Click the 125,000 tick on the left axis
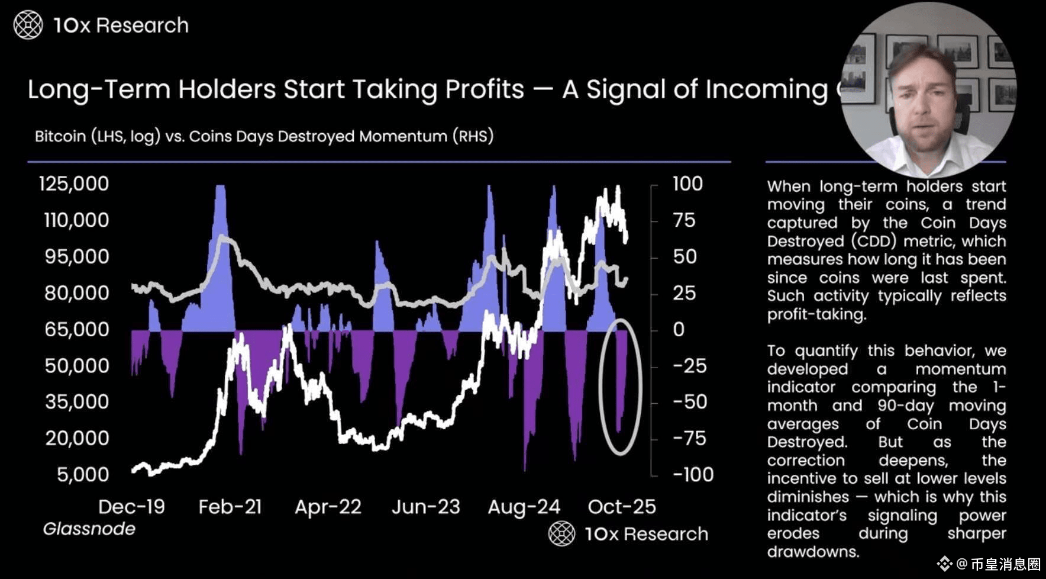coord(74,184)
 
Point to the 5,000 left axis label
coord(83,474)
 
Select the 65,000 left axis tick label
coord(77,329)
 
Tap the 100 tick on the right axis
coord(687,184)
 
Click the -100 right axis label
coord(693,474)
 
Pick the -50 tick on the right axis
coord(690,401)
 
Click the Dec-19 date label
coord(131,507)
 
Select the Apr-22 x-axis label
coord(328,507)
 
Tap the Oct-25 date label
coord(622,507)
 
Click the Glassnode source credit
coord(89,529)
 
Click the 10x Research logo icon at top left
coord(28,25)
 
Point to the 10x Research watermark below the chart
coord(628,534)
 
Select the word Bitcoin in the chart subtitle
coord(60,136)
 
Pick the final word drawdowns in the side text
coord(812,552)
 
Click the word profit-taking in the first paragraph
coord(816,314)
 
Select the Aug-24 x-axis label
coord(524,507)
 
